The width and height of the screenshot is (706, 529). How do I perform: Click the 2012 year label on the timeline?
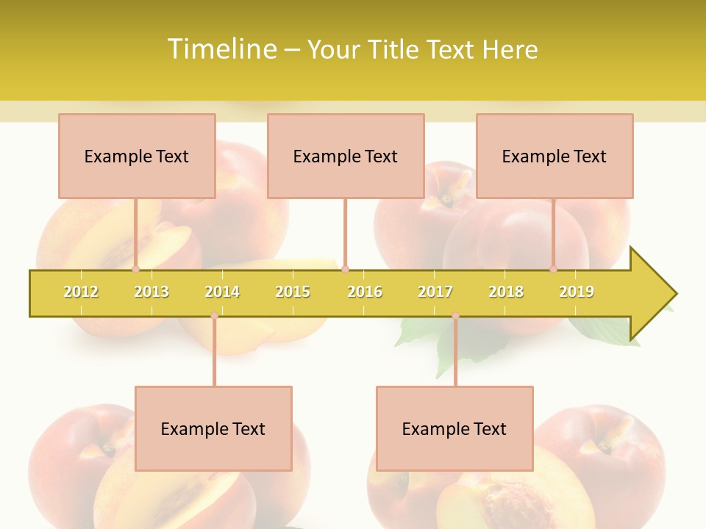[81, 292]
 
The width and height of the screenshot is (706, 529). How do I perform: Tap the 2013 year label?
[151, 292]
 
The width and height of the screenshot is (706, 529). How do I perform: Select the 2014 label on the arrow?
[222, 292]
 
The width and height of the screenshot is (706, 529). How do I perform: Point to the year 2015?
[293, 292]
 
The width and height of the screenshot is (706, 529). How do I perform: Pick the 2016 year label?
[365, 292]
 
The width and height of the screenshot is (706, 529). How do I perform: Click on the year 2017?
[435, 292]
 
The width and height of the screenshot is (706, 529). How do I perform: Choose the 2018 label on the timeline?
[506, 292]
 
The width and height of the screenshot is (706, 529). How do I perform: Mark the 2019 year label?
[577, 292]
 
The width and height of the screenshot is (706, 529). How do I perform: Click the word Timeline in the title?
[221, 49]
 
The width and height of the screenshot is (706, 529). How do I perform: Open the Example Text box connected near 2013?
[137, 156]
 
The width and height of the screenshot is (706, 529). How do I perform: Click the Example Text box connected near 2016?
[346, 156]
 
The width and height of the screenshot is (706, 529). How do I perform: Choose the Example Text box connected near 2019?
[555, 156]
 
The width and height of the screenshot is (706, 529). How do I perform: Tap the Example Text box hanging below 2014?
[213, 428]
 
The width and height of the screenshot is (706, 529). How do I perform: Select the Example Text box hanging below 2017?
[454, 428]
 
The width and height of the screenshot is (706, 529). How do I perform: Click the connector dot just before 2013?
[135, 270]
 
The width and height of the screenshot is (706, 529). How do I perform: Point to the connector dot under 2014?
[214, 316]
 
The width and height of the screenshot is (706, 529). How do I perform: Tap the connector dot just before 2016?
[345, 270]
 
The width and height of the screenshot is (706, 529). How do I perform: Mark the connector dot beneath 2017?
[455, 316]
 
